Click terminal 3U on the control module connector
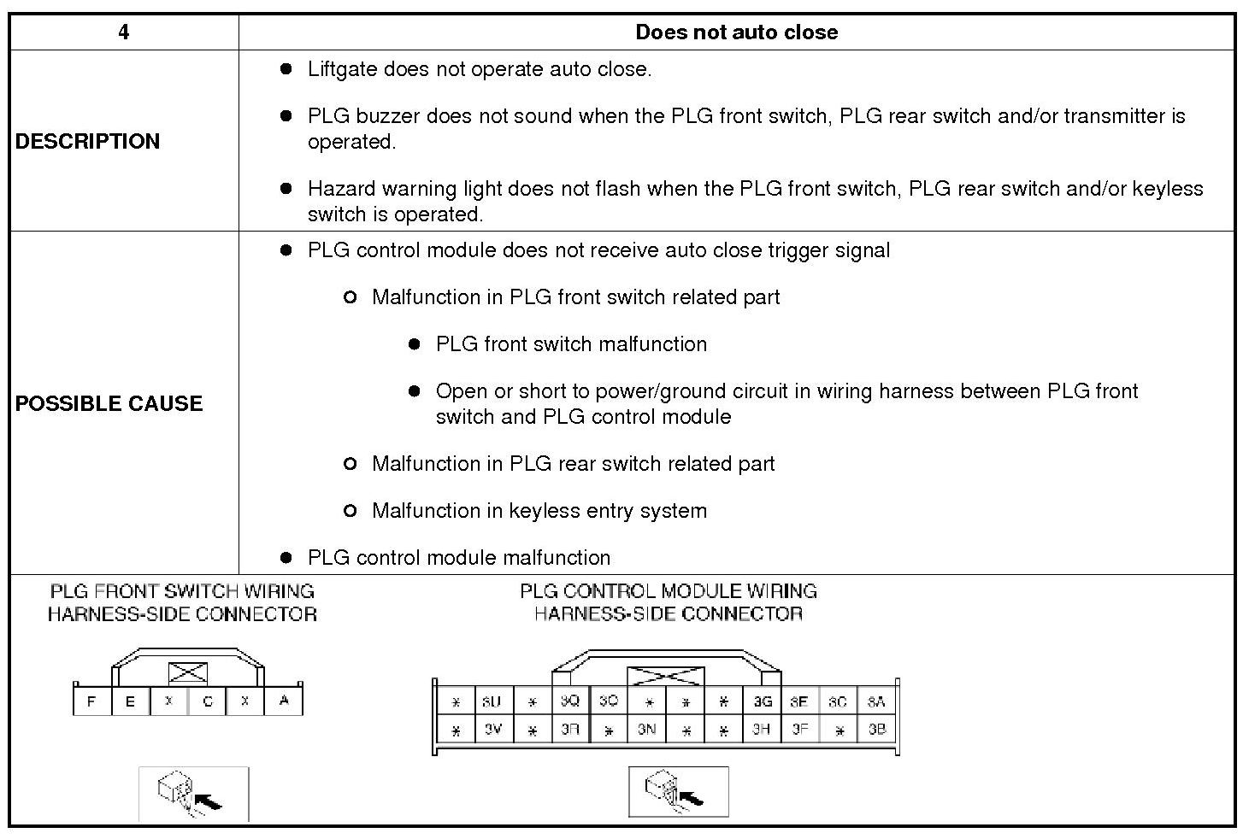coord(492,701)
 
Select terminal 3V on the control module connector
coord(493,730)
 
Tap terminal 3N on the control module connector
coord(646,730)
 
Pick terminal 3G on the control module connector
coord(763,701)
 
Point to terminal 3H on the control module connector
coord(761,730)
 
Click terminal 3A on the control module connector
coord(876,701)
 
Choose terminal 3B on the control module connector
coord(876,730)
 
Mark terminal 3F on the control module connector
coord(799,730)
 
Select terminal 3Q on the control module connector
coord(569,701)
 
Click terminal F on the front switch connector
coord(92,701)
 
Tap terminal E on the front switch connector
coord(131,701)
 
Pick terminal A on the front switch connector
coord(284,701)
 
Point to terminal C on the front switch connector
coord(208,701)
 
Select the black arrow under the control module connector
coord(691,798)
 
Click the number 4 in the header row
coord(124,32)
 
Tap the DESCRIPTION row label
coord(87,141)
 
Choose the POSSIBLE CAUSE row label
coord(109,403)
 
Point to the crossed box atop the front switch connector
coord(188,673)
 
